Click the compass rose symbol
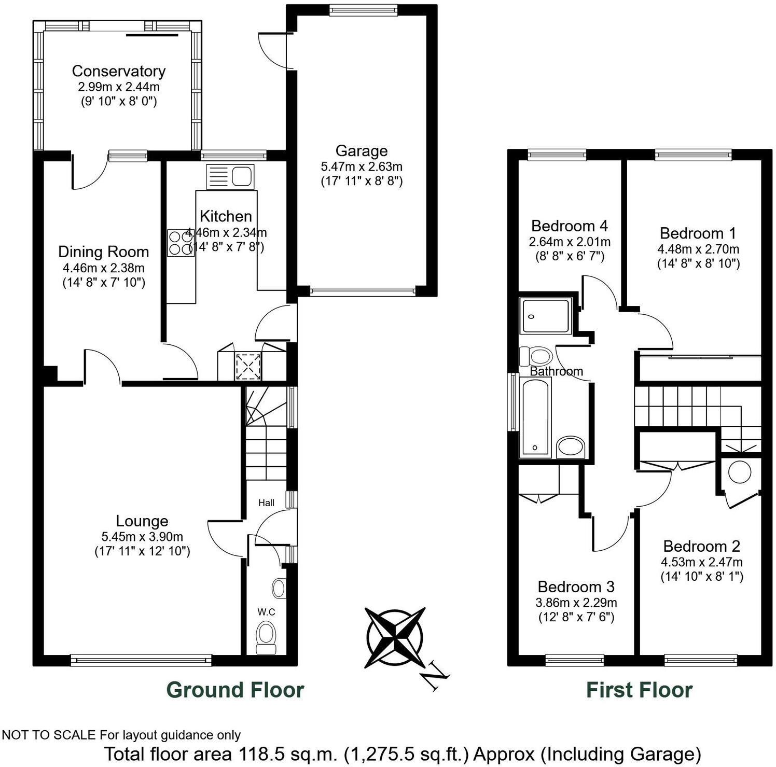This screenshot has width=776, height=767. [x=395, y=637]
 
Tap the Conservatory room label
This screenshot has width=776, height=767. [x=118, y=71]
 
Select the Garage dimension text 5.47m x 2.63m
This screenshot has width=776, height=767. [x=362, y=167]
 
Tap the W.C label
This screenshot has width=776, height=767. [x=266, y=612]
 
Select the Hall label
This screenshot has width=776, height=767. [x=266, y=503]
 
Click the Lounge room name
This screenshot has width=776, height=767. [x=142, y=521]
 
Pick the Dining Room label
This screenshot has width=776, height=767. [x=103, y=252]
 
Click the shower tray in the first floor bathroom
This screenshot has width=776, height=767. [x=546, y=315]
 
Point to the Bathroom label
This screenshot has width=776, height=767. [x=556, y=371]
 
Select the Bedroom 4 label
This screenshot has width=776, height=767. [x=569, y=226]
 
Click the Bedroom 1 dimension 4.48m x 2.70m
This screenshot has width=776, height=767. [x=698, y=249]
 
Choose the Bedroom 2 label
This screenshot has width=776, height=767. [x=701, y=546]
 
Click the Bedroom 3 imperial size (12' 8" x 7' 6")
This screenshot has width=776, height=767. [x=576, y=617]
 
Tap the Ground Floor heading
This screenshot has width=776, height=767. [x=235, y=690]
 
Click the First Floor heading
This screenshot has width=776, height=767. [x=639, y=690]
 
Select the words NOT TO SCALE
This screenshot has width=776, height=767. [x=49, y=735]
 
